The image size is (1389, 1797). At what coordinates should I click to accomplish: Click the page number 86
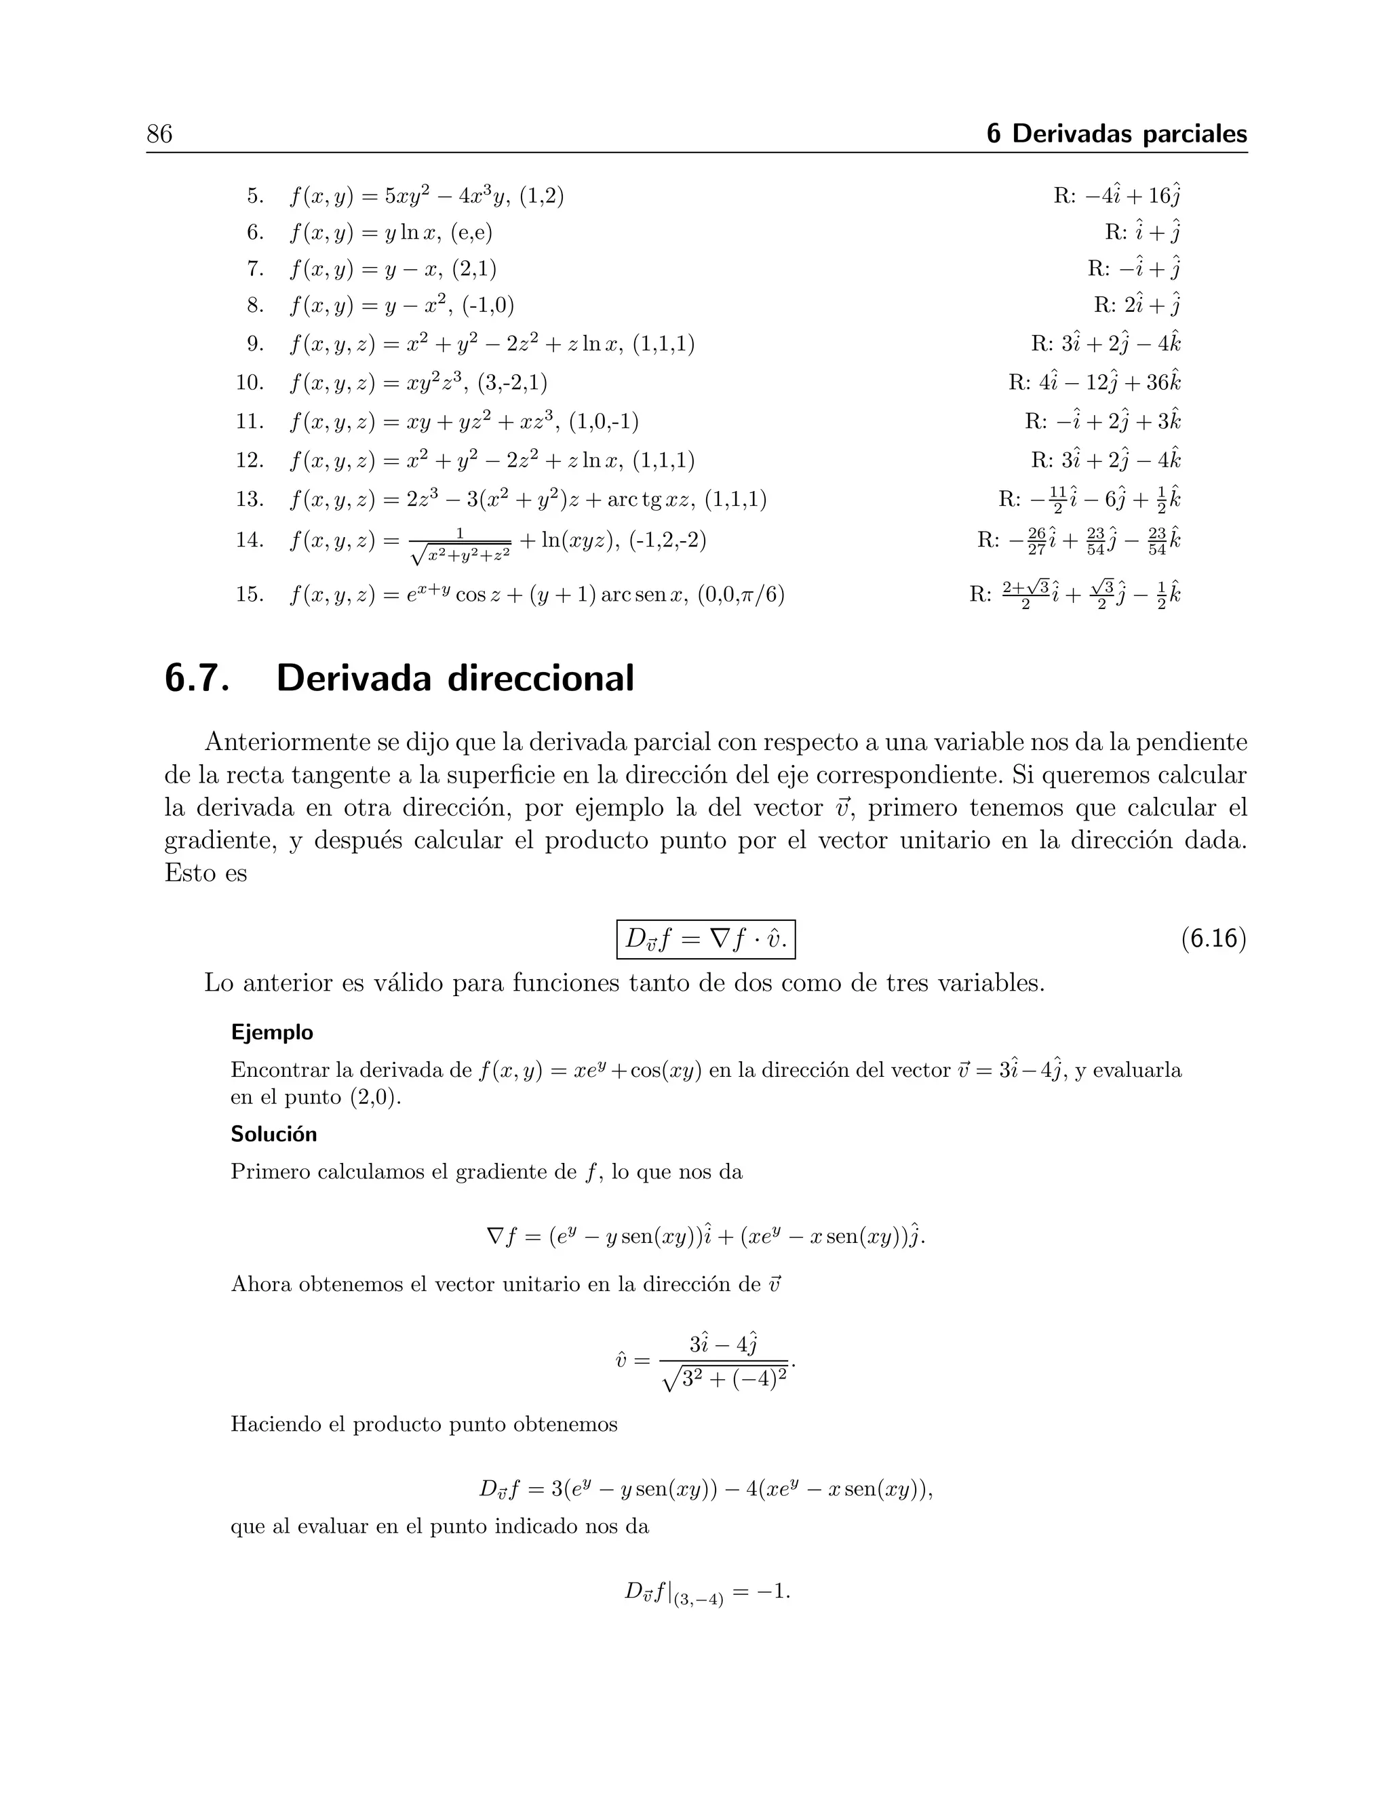pyautogui.click(x=159, y=134)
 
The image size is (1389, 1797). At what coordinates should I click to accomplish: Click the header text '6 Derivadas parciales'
pyautogui.click(x=1116, y=134)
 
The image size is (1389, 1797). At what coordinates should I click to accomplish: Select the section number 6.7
pyautogui.click(x=197, y=679)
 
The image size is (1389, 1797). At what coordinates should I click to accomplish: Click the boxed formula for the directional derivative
pyautogui.click(x=706, y=939)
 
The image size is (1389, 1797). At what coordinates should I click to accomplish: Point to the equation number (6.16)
pyautogui.click(x=1213, y=939)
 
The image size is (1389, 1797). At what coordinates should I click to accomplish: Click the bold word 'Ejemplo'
pyautogui.click(x=271, y=1033)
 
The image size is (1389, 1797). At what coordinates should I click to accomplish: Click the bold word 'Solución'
pyautogui.click(x=273, y=1134)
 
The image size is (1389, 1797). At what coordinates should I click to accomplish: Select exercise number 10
pyautogui.click(x=250, y=382)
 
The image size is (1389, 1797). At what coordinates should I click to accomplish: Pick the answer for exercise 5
pyautogui.click(x=1118, y=196)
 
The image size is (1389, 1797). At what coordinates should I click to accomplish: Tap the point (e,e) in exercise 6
pyautogui.click(x=471, y=233)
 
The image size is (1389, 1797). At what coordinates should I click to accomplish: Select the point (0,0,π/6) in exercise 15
pyautogui.click(x=741, y=594)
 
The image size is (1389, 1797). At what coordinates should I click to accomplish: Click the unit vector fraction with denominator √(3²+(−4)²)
pyautogui.click(x=724, y=1362)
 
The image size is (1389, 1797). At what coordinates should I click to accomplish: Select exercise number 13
pyautogui.click(x=250, y=500)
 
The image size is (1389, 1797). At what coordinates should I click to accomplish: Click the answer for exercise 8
pyautogui.click(x=1137, y=305)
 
